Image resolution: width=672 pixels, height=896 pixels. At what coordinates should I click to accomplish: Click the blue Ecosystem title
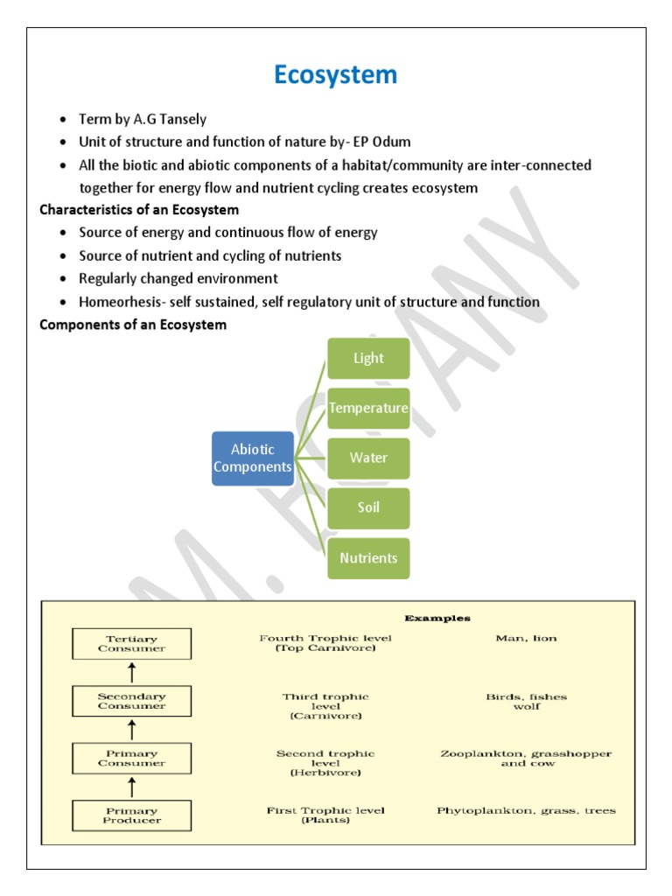pos(335,75)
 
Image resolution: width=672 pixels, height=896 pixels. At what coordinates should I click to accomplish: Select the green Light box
pos(368,358)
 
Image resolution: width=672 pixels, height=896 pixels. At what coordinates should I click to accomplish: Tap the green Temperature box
pos(368,408)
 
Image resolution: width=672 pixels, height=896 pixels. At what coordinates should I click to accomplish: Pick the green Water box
pos(368,458)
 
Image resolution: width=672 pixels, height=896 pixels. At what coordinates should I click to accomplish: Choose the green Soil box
pos(368,507)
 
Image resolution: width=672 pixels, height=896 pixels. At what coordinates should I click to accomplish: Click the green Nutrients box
pos(368,557)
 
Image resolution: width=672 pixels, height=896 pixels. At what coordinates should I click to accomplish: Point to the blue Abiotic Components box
pos(253,458)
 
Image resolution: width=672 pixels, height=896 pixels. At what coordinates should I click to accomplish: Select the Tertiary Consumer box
pos(130,643)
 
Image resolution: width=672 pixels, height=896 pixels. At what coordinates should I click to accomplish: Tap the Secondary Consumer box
pos(130,701)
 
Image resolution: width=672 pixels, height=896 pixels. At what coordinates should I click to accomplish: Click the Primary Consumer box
pos(130,758)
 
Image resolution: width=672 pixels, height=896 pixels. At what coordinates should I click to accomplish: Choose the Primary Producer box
pos(130,815)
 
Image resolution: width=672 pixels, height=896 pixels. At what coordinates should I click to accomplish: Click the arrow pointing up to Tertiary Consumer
pos(131,672)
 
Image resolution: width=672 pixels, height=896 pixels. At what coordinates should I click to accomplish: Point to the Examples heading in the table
pos(437,618)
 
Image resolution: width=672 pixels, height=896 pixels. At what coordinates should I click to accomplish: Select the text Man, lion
pos(526,639)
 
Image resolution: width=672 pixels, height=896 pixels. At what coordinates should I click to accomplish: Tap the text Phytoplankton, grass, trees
pos(526,811)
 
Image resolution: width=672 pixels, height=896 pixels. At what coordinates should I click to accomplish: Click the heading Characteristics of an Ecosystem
pos(139,210)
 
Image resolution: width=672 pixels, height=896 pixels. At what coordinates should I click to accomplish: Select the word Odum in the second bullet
pos(392,142)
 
